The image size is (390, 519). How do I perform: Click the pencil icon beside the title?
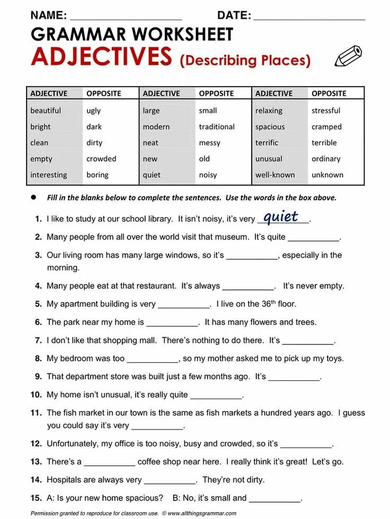[348, 56]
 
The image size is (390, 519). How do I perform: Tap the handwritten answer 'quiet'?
[281, 217]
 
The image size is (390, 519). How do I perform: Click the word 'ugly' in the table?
[93, 111]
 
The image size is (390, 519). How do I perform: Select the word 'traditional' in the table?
[217, 127]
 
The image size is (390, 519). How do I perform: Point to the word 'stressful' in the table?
[326, 111]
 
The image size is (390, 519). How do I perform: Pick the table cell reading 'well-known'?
[275, 175]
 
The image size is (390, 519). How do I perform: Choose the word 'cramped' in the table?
[326, 127]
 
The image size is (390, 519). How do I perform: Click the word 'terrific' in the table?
[267, 143]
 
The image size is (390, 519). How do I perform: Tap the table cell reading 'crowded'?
[101, 159]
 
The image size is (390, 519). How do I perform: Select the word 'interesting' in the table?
[49, 175]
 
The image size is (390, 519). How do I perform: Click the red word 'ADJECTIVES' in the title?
[101, 57]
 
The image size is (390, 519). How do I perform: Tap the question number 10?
[36, 395]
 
